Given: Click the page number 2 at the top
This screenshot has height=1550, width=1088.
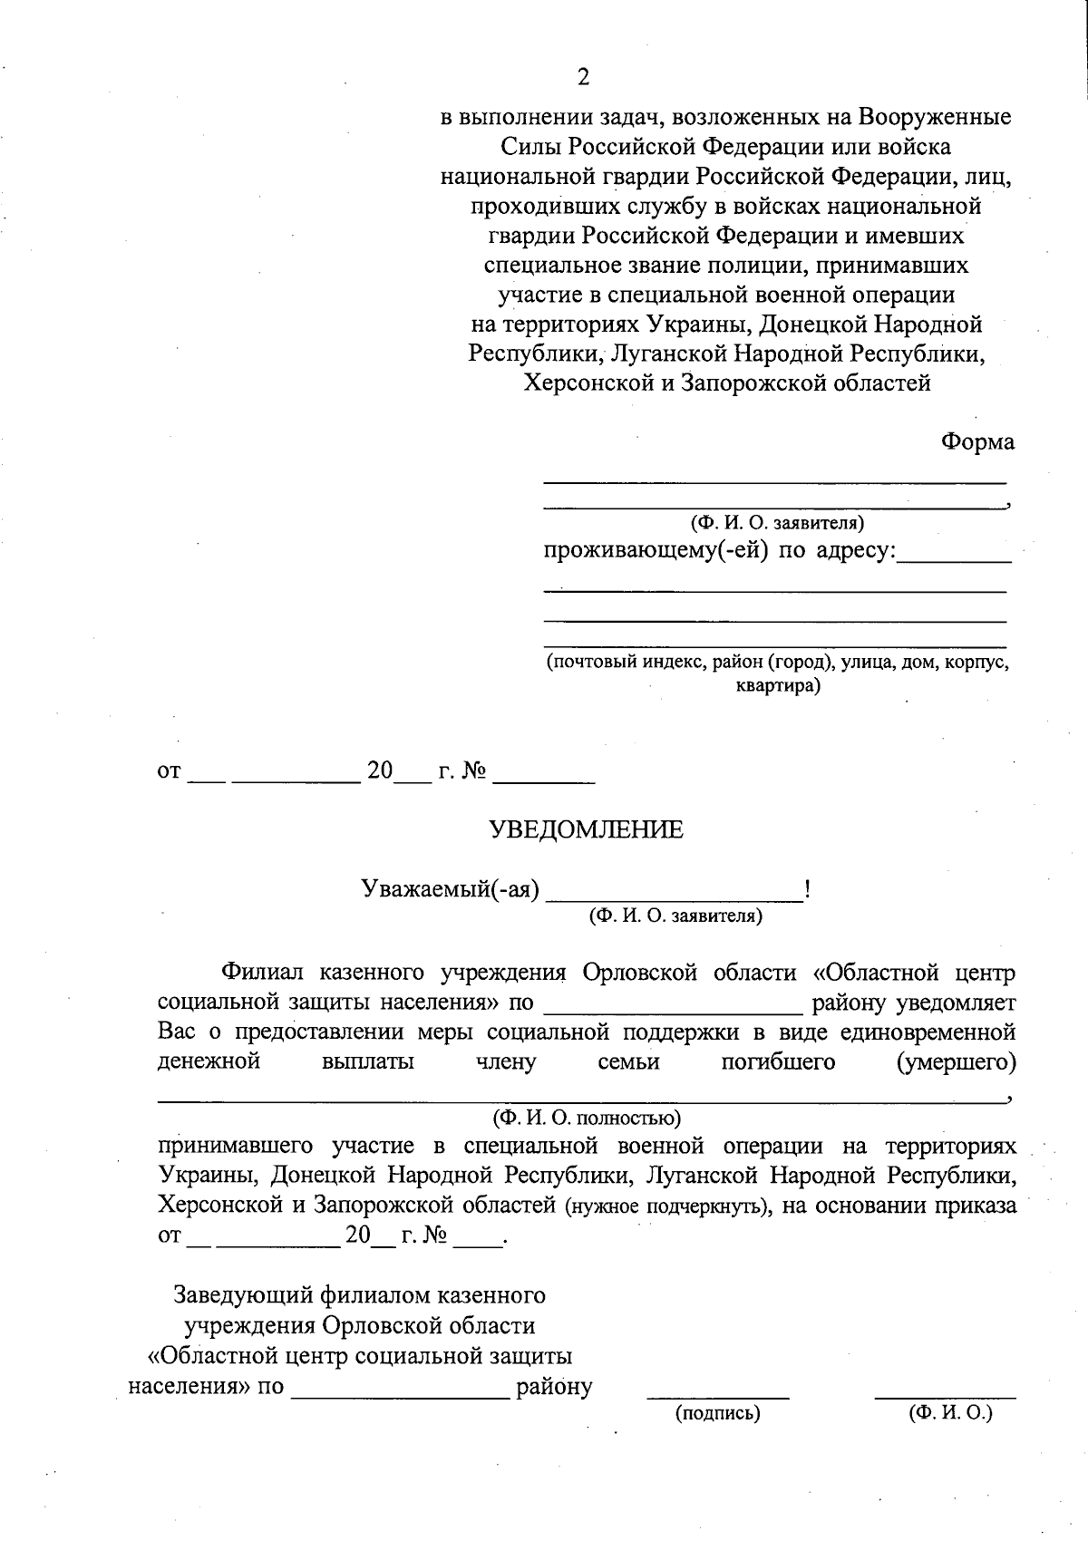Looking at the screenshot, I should click(583, 77).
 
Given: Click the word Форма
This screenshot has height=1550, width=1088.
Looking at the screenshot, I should click(976, 441).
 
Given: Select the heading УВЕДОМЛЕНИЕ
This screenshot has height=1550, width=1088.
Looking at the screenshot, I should click(587, 829).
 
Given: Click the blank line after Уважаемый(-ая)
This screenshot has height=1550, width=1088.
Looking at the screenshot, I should click(675, 898).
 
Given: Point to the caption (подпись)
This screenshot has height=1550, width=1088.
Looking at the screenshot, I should click(717, 1412).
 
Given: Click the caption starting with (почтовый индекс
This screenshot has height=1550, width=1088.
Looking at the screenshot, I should click(777, 662).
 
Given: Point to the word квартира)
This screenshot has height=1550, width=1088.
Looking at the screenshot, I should click(777, 685).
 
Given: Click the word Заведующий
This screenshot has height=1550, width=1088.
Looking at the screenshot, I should click(242, 1293).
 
